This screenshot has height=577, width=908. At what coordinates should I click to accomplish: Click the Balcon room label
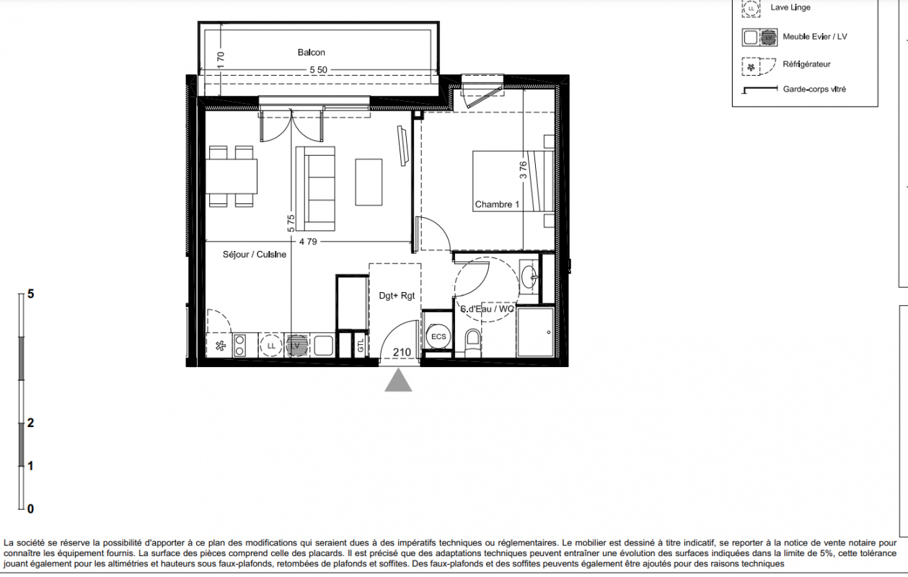tap(312, 53)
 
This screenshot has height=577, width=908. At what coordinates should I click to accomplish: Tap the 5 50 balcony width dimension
tap(318, 70)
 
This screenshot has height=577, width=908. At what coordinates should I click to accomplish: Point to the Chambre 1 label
tap(497, 204)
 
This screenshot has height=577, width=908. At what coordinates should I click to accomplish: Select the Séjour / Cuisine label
tap(255, 254)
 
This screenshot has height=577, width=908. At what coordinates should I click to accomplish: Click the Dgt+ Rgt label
tap(397, 296)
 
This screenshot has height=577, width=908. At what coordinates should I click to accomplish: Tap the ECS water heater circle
tap(438, 336)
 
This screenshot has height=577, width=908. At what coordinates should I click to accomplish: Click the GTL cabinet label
tap(361, 345)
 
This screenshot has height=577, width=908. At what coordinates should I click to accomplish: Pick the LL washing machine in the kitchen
tap(271, 346)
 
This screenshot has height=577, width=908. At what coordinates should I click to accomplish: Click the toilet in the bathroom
tap(472, 343)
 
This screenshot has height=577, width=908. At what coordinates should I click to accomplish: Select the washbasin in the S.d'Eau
tap(529, 277)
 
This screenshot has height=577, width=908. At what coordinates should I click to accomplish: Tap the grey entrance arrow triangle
tap(398, 380)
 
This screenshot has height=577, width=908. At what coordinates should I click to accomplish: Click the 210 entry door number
tap(402, 353)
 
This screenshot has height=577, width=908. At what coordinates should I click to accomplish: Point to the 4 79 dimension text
tap(308, 242)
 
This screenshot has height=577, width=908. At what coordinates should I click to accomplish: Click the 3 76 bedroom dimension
tap(524, 170)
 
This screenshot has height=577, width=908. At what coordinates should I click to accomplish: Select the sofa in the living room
tap(315, 188)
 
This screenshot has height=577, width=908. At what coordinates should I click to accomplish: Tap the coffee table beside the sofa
tap(369, 182)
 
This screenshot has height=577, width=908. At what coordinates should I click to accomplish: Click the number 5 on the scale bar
tap(31, 294)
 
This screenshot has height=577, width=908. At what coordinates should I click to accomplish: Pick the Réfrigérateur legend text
tap(806, 64)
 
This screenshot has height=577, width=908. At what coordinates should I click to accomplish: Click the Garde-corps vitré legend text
tap(814, 89)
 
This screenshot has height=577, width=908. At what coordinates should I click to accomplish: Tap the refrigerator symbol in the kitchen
tap(220, 346)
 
